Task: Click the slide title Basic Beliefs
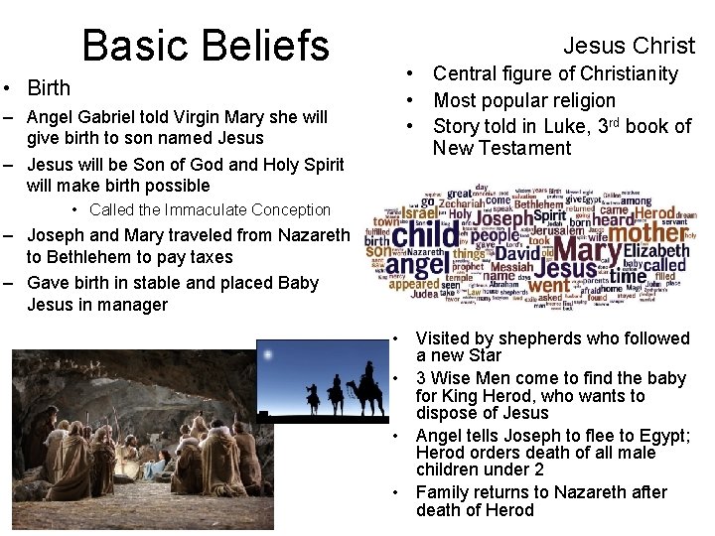click(x=206, y=45)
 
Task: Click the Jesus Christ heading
click(x=629, y=45)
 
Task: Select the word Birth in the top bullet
click(x=50, y=88)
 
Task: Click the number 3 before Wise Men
click(x=421, y=378)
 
